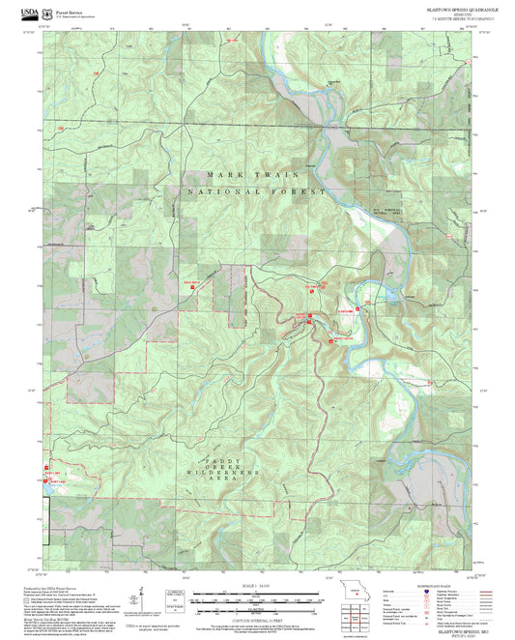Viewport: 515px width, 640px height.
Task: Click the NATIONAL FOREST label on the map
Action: pyautogui.click(x=243, y=206)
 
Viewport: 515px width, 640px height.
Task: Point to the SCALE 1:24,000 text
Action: pyautogui.click(x=257, y=587)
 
